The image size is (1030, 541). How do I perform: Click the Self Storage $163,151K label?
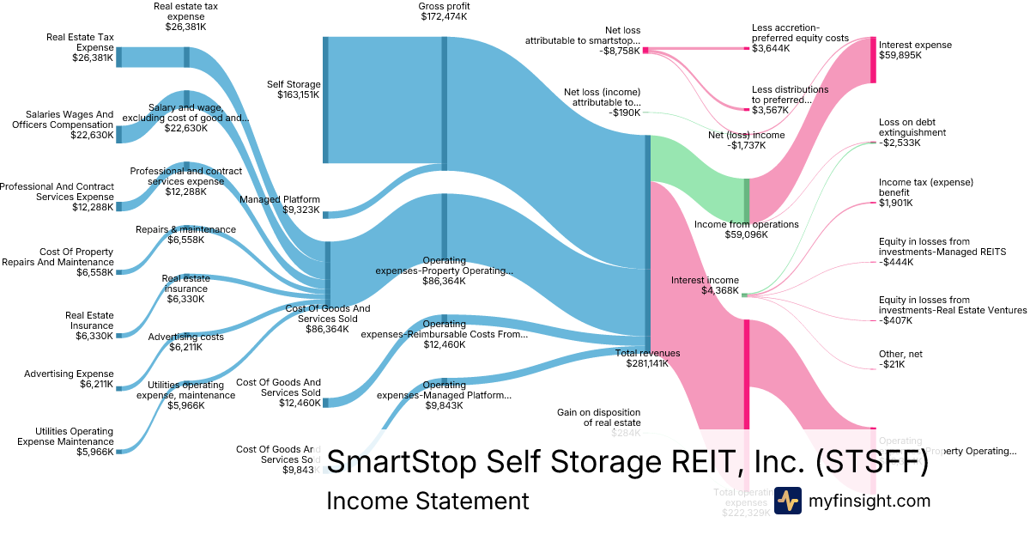click(x=294, y=89)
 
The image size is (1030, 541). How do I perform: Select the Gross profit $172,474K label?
click(x=444, y=12)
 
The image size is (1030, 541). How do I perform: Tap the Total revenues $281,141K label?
click(x=648, y=358)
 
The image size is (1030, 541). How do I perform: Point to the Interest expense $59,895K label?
click(x=915, y=50)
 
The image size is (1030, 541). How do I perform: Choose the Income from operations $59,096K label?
click(x=746, y=229)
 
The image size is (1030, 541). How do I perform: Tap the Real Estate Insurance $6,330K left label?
click(x=89, y=325)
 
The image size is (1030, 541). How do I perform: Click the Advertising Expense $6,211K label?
click(x=69, y=380)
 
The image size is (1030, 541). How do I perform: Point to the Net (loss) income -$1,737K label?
click(x=746, y=141)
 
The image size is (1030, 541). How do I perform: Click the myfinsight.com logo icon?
click(x=787, y=500)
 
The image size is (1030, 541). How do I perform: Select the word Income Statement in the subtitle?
click(x=427, y=501)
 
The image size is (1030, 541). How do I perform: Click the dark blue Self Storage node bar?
click(x=325, y=100)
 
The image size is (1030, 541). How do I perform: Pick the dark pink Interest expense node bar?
click(x=873, y=60)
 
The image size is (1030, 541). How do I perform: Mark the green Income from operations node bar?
click(x=747, y=199)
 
